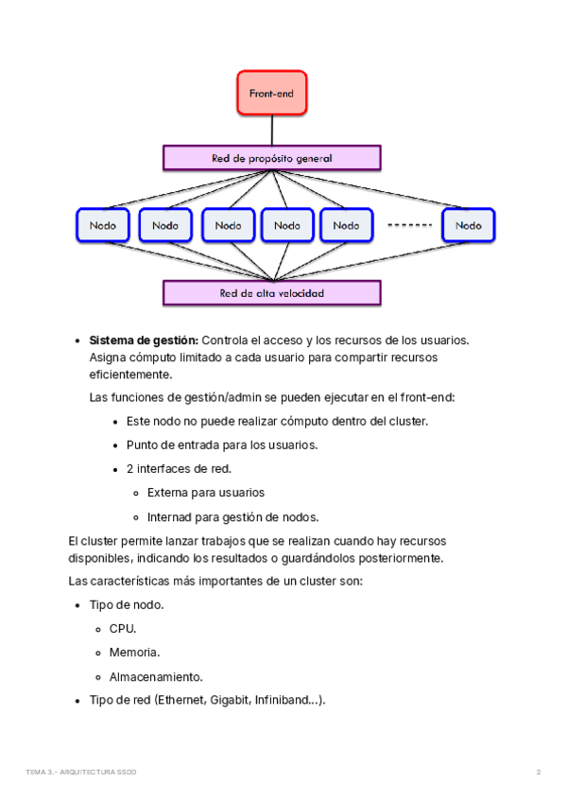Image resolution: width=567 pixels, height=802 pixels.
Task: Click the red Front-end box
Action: [x=271, y=93]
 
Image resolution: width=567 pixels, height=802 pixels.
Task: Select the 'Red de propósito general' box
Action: [x=271, y=158]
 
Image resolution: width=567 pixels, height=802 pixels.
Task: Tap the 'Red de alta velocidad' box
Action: [x=271, y=293]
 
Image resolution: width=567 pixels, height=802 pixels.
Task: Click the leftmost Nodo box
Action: [x=103, y=225]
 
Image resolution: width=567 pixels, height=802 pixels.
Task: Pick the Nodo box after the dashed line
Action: [x=469, y=225]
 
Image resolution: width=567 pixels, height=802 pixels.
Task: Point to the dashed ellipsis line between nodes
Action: [x=410, y=225]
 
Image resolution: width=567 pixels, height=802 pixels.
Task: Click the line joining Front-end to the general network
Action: [x=272, y=131]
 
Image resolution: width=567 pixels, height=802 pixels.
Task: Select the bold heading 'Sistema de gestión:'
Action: [x=144, y=340]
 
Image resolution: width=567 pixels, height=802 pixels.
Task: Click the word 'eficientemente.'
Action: [x=131, y=375]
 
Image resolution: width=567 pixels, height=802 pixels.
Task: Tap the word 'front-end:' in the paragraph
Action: [x=427, y=397]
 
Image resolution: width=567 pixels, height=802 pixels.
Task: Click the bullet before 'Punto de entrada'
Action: [x=115, y=446]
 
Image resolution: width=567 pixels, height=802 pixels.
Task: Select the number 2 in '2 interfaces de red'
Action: [x=129, y=468]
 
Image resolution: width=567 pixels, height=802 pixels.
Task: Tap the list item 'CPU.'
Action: [x=123, y=629]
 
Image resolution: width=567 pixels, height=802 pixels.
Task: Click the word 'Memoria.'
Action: [x=134, y=653]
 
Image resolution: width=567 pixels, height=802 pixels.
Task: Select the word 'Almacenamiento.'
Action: [x=156, y=677]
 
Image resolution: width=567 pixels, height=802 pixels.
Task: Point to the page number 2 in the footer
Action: [x=539, y=772]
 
